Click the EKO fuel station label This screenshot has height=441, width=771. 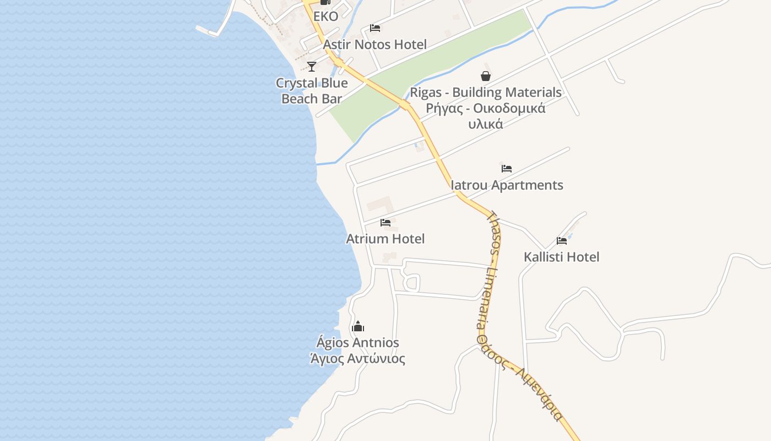coord(325,17)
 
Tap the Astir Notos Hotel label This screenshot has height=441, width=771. coord(374,45)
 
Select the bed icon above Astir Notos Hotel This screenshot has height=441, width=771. coord(375,28)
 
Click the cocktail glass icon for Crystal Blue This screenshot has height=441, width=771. coord(312,67)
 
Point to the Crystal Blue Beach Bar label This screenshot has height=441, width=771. coord(312,91)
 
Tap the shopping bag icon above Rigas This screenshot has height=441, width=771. coord(486,76)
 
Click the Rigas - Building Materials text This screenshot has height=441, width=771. coord(486,92)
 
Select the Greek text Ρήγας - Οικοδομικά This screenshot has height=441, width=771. coord(486,108)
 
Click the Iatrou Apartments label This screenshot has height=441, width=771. coord(507,185)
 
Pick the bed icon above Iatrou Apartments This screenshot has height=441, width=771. coord(507,169)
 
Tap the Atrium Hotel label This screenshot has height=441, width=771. coord(385,239)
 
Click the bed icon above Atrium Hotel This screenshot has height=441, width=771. coord(385,223)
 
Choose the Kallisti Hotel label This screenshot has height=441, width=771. coord(561,257)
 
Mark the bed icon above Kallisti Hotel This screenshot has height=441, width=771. coord(562,240)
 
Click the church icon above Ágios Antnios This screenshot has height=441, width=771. coord(358,326)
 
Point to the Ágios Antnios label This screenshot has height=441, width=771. coord(358,343)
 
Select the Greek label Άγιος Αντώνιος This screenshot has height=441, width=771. coord(358,359)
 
